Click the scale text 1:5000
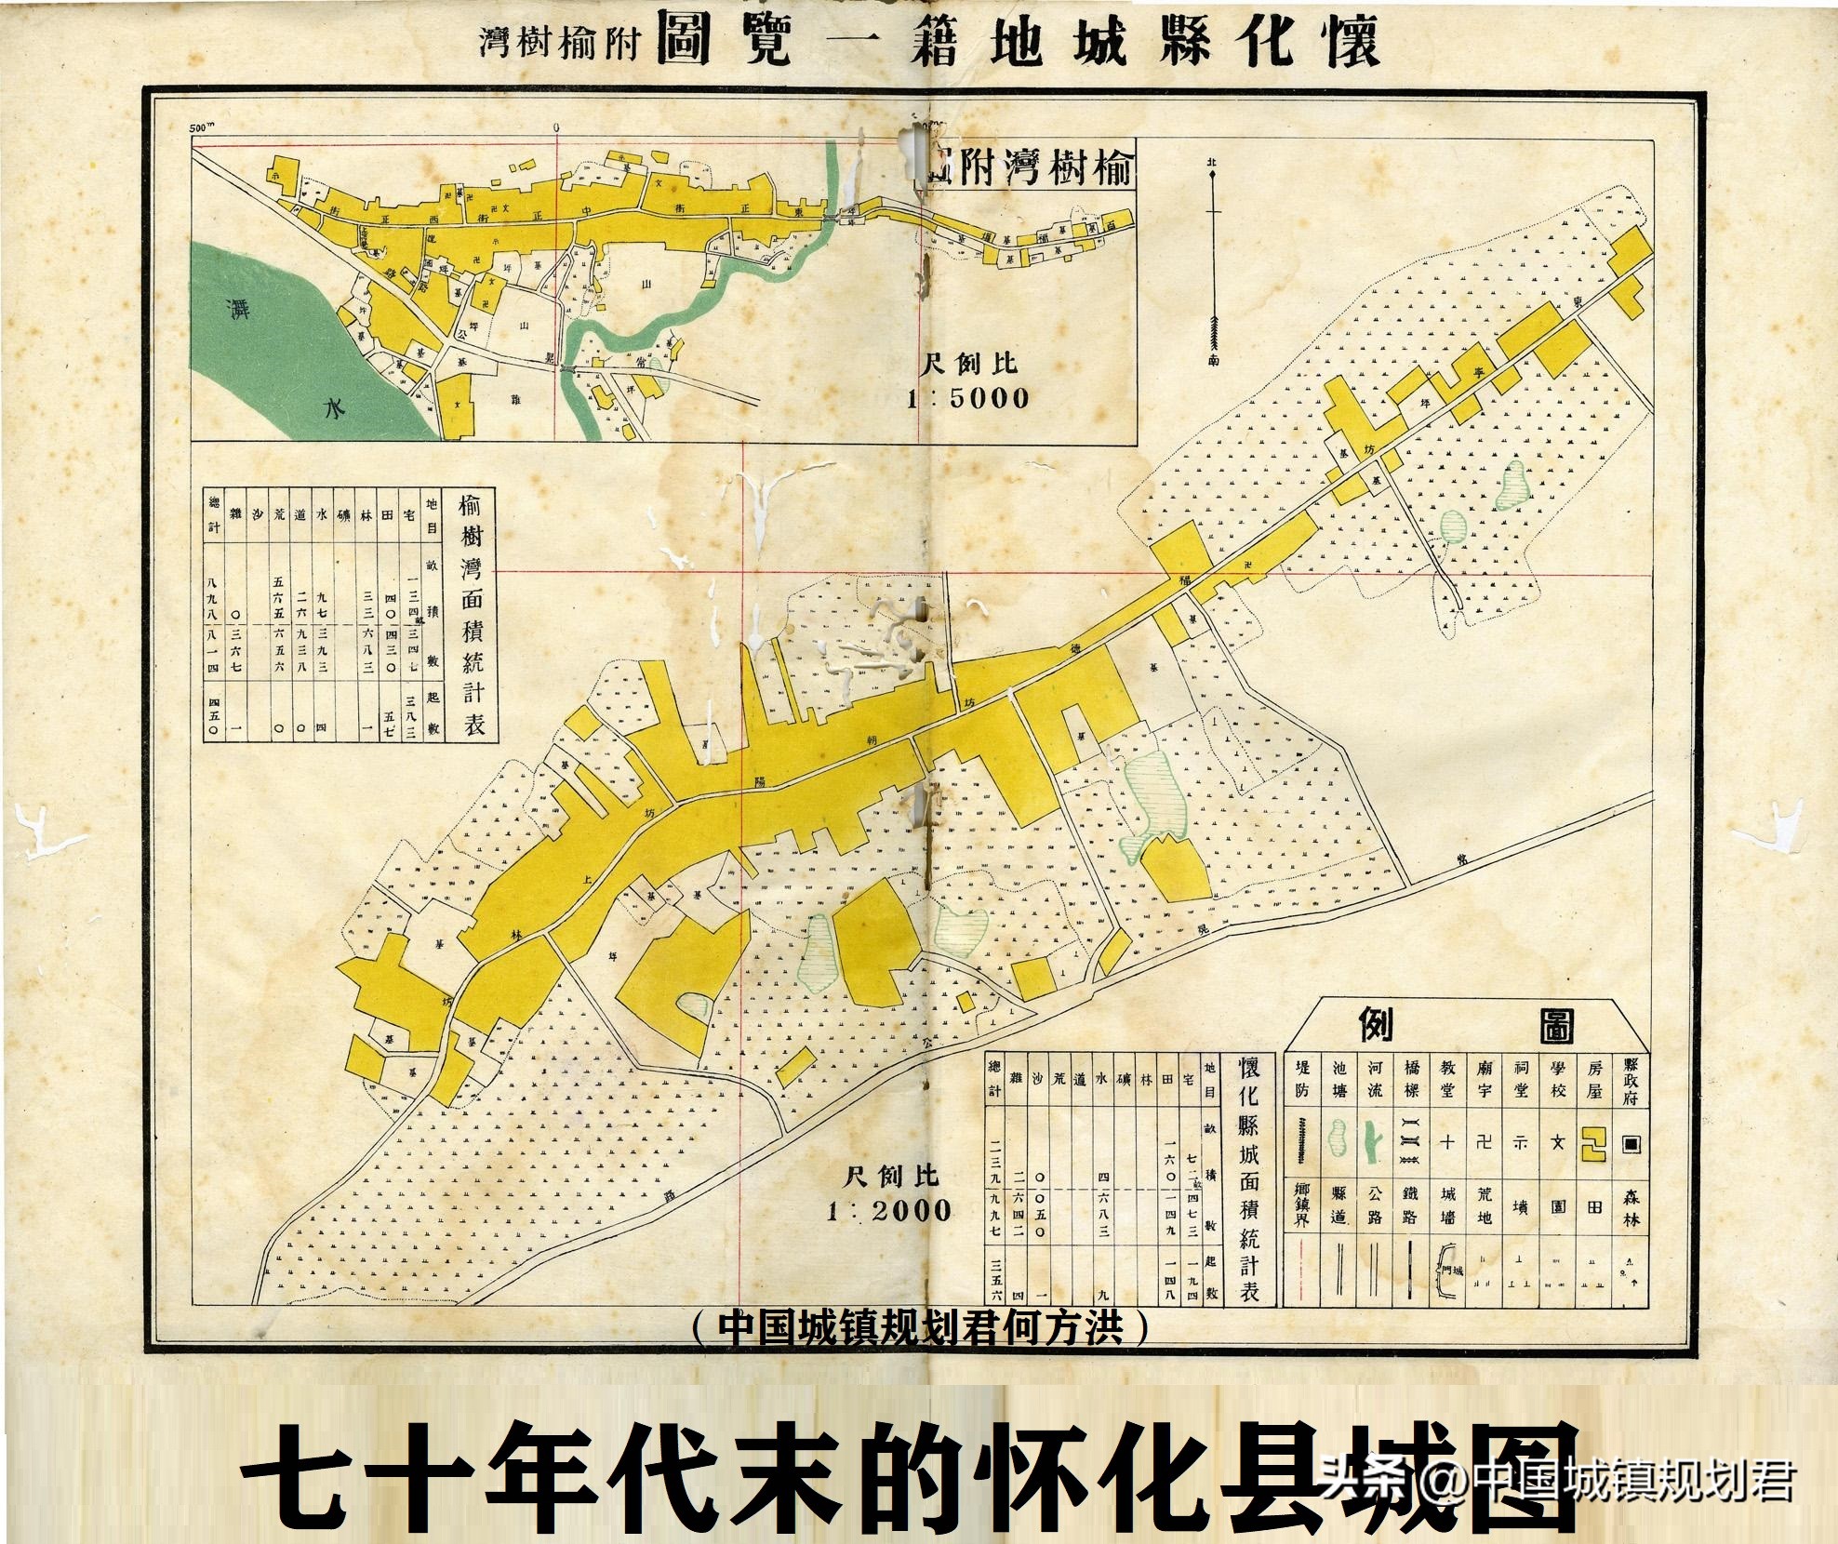tap(968, 398)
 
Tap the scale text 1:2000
tap(889, 1210)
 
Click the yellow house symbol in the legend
tap(1594, 1144)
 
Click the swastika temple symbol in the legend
tap(1484, 1142)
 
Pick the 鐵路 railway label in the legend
tap(1410, 1205)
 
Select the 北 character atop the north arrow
tap(1212, 161)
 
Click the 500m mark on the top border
tap(200, 127)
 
